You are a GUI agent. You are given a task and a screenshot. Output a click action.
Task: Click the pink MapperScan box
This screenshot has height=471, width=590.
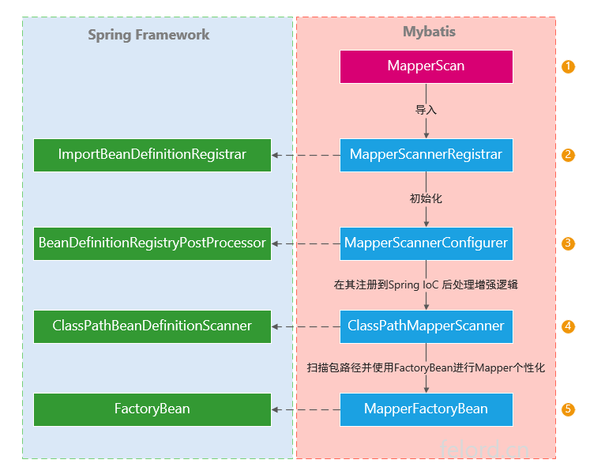click(x=427, y=66)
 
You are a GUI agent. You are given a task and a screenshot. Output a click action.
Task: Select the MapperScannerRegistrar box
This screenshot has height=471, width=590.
click(x=427, y=155)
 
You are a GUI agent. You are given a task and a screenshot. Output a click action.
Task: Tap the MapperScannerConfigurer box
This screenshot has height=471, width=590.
click(x=427, y=243)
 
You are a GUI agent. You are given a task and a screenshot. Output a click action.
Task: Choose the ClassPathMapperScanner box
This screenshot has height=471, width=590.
click(x=427, y=326)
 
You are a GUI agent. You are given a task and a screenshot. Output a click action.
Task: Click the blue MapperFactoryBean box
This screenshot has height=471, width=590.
click(x=427, y=409)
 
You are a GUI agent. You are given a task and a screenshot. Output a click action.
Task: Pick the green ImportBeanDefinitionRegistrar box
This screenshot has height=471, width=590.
click(x=152, y=155)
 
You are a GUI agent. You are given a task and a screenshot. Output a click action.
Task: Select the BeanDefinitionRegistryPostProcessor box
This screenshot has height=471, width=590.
click(x=152, y=243)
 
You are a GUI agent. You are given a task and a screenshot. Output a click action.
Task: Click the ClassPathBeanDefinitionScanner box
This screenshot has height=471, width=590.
click(x=152, y=326)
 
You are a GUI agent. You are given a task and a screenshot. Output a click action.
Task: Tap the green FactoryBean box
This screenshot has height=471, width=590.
click(x=152, y=409)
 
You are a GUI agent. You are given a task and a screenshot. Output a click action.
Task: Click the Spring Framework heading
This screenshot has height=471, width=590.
click(x=148, y=35)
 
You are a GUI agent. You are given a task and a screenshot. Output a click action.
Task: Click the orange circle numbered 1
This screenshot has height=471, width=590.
click(x=568, y=66)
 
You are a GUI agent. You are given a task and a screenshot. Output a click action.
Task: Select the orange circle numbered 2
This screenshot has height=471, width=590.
click(x=568, y=155)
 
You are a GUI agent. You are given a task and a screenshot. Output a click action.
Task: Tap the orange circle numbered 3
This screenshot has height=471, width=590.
click(x=568, y=243)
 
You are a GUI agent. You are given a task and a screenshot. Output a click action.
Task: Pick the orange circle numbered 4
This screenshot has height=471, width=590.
click(x=568, y=326)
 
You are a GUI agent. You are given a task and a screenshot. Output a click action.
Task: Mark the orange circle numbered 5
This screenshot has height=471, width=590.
click(x=568, y=409)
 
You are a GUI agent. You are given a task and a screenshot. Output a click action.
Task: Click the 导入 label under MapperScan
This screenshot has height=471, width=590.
click(x=427, y=110)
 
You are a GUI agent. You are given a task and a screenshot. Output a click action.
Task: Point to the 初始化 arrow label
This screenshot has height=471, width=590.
click(x=427, y=198)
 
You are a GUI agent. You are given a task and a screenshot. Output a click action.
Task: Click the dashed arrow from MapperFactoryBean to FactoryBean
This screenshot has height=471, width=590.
click(x=306, y=409)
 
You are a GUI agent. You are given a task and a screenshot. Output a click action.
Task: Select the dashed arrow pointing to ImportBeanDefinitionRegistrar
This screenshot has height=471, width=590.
click(x=306, y=155)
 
